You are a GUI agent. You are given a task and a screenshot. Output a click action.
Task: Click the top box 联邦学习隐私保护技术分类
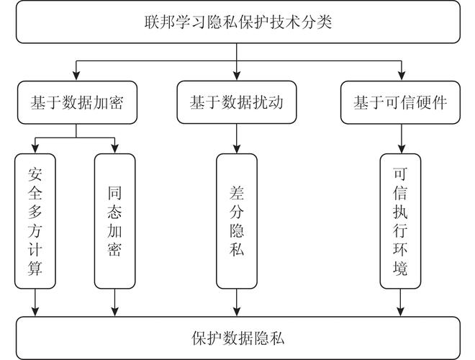coord(237,22)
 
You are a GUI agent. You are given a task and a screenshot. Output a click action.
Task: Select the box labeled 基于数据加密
coord(77,102)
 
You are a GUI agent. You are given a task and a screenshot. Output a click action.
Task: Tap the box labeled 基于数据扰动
coord(236,102)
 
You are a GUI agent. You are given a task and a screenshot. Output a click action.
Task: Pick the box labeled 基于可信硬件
coord(400,102)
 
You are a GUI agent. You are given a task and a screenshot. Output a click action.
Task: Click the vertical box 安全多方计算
coord(35,221)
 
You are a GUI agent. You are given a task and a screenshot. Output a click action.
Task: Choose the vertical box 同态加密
coord(114,221)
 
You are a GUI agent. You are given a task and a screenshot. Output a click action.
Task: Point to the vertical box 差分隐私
coord(236,221)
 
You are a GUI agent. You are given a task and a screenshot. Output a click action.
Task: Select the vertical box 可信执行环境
coord(400,221)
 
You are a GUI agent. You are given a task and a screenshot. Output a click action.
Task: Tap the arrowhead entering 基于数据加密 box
coord(77,77)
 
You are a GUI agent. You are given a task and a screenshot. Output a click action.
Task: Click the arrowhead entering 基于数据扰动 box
coord(236,77)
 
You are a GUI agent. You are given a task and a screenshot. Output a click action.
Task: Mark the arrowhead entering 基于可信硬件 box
coord(400,77)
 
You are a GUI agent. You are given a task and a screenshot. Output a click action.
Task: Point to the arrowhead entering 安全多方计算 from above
coord(35,148)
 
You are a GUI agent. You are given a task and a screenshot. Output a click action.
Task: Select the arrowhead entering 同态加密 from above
coord(114,148)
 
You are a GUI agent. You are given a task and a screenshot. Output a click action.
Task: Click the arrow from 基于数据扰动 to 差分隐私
coord(236,138)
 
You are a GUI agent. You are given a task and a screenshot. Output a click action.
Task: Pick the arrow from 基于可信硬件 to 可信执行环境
coord(400,138)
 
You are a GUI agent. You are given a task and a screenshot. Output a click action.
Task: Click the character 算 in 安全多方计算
coord(35,269)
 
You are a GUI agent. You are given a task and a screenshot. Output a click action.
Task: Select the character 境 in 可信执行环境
coord(400,270)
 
